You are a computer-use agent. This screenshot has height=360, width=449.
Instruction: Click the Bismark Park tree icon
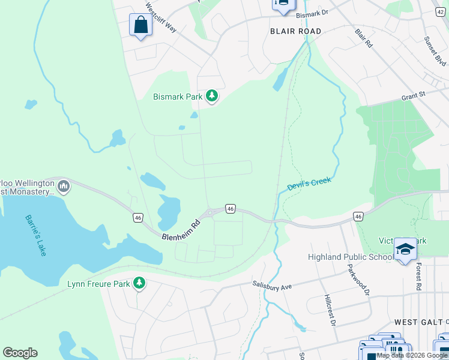click(211, 95)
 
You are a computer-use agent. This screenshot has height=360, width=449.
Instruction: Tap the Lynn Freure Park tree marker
click(139, 282)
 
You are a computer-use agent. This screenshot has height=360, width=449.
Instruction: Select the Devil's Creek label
click(309, 184)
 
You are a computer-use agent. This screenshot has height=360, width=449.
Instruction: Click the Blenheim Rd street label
click(180, 229)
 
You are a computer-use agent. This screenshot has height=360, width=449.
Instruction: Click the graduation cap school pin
click(405, 249)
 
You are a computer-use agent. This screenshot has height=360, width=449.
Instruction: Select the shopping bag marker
click(140, 25)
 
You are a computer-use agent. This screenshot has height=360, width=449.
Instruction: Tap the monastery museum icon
click(64, 187)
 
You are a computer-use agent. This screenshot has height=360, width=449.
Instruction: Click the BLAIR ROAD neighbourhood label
click(295, 31)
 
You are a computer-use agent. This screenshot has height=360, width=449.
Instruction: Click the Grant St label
click(413, 95)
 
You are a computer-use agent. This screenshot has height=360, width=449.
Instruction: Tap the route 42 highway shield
click(442, 11)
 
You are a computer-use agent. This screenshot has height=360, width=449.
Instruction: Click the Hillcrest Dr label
click(330, 310)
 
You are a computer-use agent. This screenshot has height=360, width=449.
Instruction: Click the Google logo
click(20, 353)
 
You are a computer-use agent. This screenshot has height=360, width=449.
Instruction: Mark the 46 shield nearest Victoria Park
click(358, 216)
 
